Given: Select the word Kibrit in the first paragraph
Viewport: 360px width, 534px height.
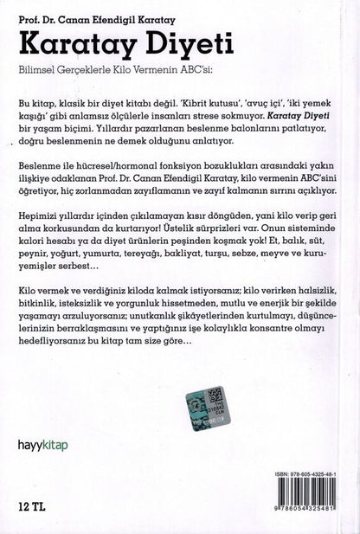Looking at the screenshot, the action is [198, 113].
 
